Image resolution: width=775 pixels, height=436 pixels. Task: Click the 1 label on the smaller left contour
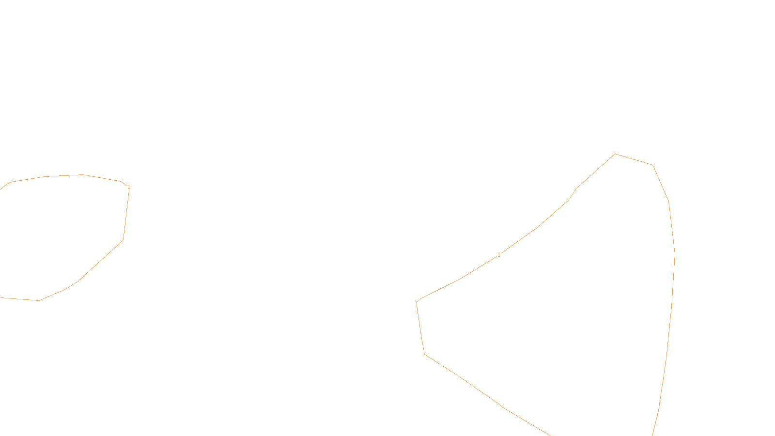coord(129,187)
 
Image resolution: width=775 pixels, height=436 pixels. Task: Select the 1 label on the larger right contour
coord(499,255)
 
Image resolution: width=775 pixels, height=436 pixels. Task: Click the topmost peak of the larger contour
coord(615,154)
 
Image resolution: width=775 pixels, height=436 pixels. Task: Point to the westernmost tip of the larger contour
coord(417,302)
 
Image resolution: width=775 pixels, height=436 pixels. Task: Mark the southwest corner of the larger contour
coord(425,354)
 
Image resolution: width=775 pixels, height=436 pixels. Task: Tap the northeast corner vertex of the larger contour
coord(652,165)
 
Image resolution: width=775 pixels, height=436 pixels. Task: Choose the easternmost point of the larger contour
coord(675,254)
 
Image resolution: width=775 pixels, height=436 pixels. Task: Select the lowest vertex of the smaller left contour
coord(39,300)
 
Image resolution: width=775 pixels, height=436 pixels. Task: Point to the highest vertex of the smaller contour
coord(83,174)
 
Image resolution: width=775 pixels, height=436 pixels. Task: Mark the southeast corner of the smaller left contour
coord(123,239)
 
